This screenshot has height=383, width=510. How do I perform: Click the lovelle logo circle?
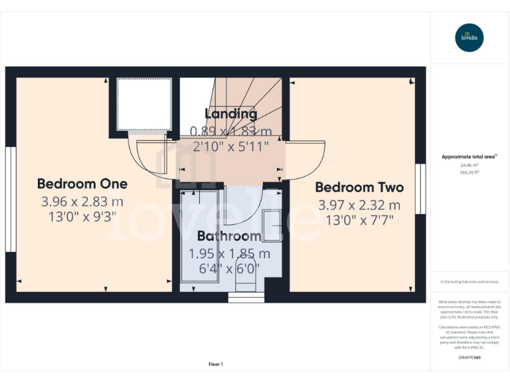point(470,37)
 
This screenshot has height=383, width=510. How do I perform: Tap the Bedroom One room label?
point(82,184)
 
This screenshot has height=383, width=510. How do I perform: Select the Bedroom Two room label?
point(359,187)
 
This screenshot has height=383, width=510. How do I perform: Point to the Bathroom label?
point(229,236)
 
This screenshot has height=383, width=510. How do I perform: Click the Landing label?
point(231,114)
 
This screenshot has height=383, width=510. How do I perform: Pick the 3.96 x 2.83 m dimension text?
point(82,201)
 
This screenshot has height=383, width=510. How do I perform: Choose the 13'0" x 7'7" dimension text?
point(359,221)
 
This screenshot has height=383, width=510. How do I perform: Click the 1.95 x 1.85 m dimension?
point(230,253)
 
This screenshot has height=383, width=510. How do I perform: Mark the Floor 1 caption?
point(216,364)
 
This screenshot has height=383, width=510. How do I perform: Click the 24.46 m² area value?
point(469,165)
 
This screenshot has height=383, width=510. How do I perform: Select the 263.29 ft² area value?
point(469,172)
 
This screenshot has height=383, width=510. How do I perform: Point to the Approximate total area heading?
point(469,157)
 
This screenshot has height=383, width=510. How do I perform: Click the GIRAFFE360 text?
point(469,358)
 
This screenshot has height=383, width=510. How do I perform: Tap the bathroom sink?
point(272,225)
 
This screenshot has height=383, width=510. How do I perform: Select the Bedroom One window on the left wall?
point(10,199)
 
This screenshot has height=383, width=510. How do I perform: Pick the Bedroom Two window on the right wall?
point(420,189)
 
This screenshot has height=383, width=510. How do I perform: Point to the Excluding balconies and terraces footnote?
point(469,282)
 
